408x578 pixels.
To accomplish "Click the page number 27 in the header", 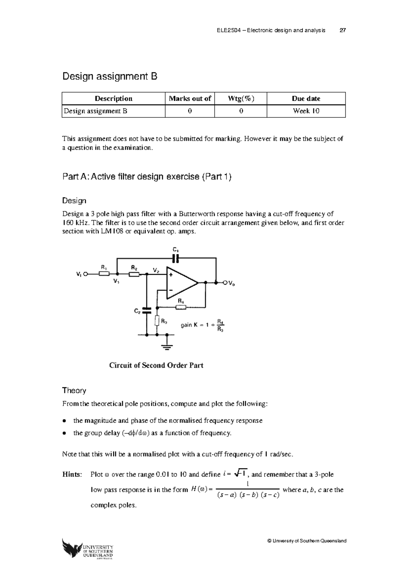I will click(x=343, y=30).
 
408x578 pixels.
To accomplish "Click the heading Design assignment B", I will click(x=109, y=77).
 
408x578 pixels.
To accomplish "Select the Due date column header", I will click(x=306, y=99).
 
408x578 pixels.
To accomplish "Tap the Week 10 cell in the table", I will click(x=306, y=111).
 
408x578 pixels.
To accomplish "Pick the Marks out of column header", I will click(x=190, y=99).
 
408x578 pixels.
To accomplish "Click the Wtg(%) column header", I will click(x=241, y=99).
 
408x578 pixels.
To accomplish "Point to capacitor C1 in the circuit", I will click(x=175, y=258).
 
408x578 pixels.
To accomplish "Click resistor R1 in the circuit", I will click(x=104, y=273).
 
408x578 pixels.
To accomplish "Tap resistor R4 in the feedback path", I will click(x=181, y=307).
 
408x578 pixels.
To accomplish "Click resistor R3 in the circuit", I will click(x=157, y=321).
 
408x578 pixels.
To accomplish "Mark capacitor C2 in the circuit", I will click(x=147, y=310).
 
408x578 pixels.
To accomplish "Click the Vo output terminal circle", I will click(x=225, y=283).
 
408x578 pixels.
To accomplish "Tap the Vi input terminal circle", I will click(x=86, y=273).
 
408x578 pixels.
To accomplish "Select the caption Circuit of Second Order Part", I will click(x=156, y=365).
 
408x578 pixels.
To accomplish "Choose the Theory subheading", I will click(x=74, y=390).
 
